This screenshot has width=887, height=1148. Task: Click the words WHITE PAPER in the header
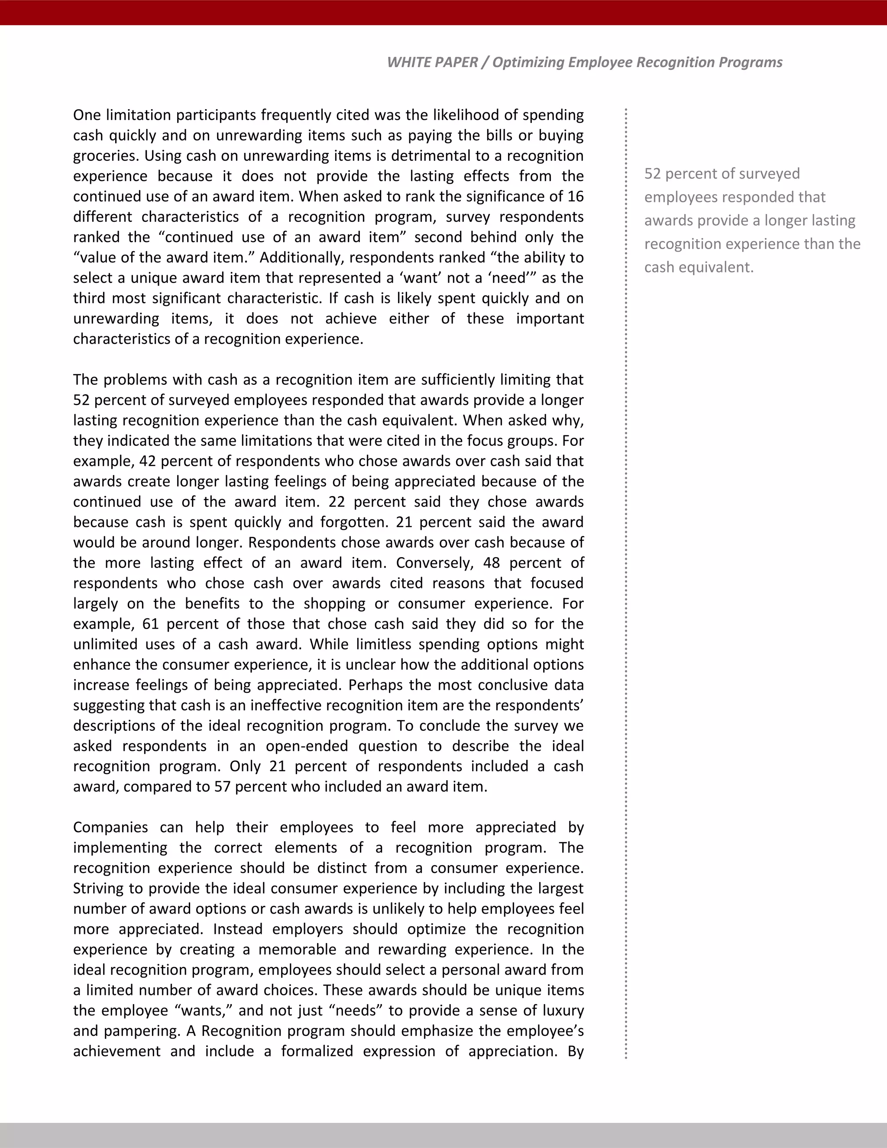(432, 62)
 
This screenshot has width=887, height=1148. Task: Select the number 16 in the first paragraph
(576, 197)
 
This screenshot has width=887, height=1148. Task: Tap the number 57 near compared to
(222, 787)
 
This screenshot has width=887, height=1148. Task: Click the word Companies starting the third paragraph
(110, 827)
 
